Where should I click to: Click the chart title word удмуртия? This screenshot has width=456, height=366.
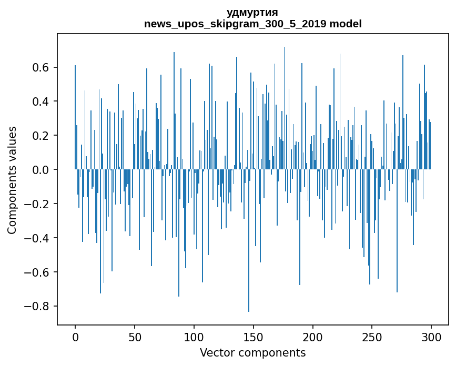[x=252, y=12]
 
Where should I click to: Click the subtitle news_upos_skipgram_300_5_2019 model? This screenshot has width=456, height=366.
[x=252, y=24]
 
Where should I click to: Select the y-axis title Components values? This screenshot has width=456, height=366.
[x=12, y=180]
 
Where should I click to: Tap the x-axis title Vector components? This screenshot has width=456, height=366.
[x=252, y=352]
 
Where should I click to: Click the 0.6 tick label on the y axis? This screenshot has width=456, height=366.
[x=42, y=67]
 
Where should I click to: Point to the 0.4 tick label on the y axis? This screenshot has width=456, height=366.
[x=42, y=101]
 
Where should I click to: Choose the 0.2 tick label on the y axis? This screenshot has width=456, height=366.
[x=42, y=136]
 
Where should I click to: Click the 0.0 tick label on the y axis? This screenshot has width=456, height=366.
[x=42, y=170]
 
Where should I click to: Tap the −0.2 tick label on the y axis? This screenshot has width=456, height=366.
[x=38, y=204]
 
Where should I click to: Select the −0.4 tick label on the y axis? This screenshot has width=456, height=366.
[x=38, y=238]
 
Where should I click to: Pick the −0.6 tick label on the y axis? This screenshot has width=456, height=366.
[x=38, y=272]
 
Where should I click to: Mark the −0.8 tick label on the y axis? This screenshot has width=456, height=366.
[x=38, y=307]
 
